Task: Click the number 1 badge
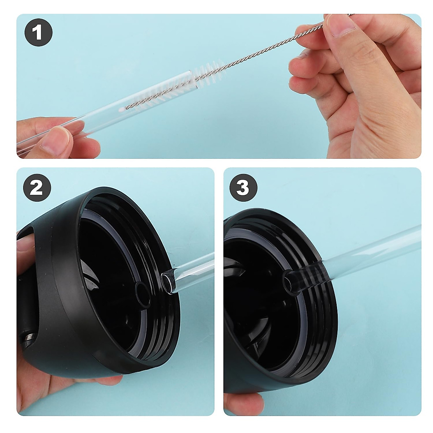click(x=38, y=34)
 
